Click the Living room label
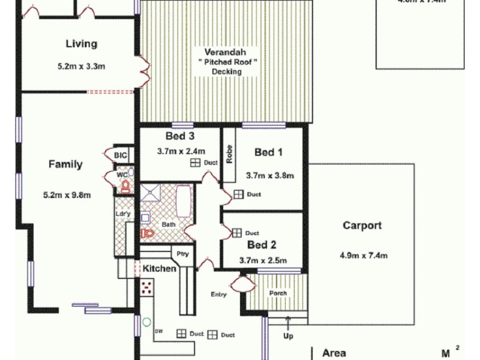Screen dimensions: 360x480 [x=81, y=44]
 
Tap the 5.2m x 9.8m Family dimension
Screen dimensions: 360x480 [x=66, y=194]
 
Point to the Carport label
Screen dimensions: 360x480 [x=362, y=226]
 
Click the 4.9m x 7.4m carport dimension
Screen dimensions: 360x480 [x=363, y=255]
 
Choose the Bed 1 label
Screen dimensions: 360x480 [x=269, y=152]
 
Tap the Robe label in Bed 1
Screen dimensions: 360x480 [x=229, y=154]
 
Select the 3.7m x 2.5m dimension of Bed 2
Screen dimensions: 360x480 [x=262, y=260]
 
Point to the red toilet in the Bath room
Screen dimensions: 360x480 [x=144, y=233]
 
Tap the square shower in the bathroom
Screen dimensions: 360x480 [x=151, y=193]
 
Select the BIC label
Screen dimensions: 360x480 [x=121, y=155]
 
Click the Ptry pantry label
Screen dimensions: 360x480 [x=182, y=254]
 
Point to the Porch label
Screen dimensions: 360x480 [x=278, y=293]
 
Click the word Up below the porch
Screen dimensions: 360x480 [x=288, y=336]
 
